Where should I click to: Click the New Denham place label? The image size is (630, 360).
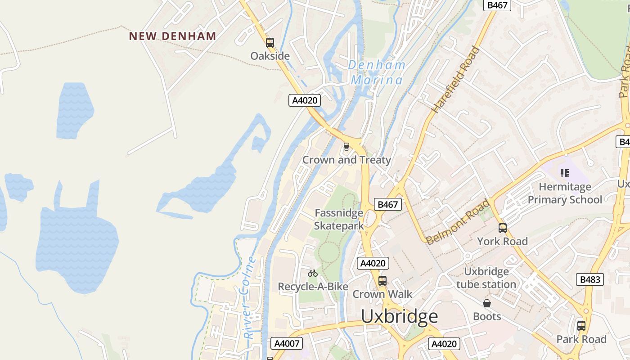point(172,36)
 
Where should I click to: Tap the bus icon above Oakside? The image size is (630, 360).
point(270,43)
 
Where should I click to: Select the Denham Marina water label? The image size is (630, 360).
point(377,72)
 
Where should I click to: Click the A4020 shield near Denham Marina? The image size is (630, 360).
point(305,100)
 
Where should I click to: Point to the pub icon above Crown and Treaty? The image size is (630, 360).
point(346,146)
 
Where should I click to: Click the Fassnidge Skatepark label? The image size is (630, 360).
point(339,219)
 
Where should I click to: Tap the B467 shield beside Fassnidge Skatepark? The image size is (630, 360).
point(387,204)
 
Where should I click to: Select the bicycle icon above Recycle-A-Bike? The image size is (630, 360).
point(313,273)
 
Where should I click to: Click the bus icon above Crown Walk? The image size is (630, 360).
point(382,280)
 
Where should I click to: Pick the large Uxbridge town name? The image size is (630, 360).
point(399,316)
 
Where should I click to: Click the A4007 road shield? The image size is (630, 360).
point(287,343)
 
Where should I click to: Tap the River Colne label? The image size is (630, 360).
point(249,298)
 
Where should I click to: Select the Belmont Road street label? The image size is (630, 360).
point(458,222)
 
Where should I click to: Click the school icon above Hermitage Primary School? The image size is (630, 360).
point(564,173)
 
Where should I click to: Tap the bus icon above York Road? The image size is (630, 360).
point(502,228)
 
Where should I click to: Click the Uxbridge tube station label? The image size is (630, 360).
point(486,278)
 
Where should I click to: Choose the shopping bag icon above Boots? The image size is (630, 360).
point(486,303)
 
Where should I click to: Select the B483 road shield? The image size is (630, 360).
point(589,279)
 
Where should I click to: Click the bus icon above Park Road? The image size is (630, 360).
point(581,325)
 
